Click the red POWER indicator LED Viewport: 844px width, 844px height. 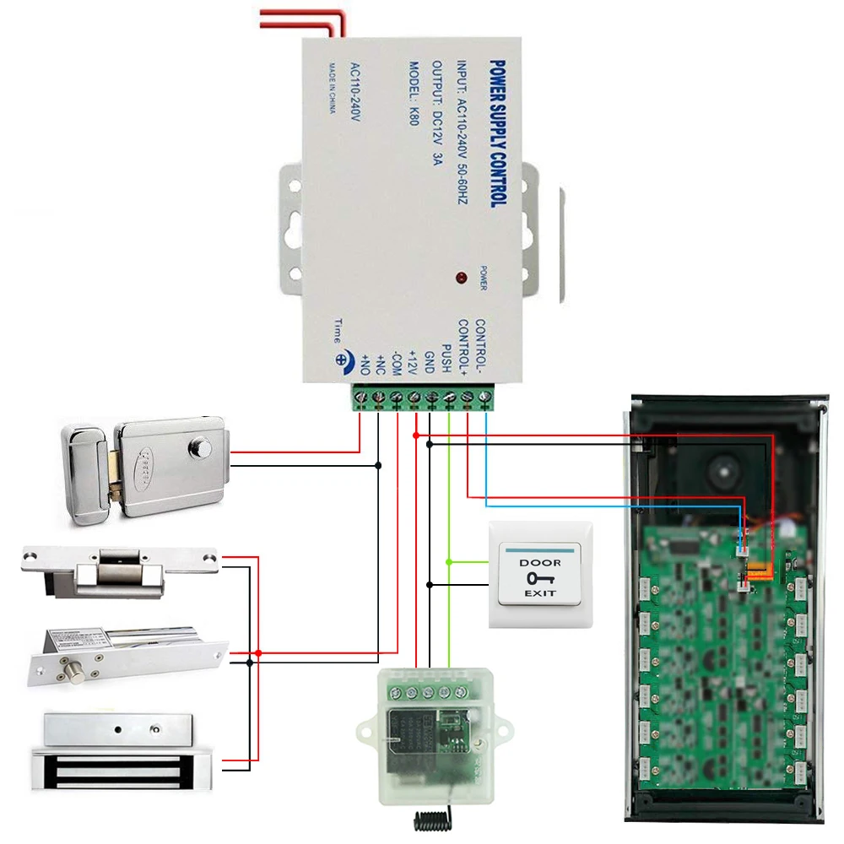tap(460, 278)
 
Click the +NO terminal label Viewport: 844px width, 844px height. tap(365, 365)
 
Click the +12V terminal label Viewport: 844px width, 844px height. tap(413, 360)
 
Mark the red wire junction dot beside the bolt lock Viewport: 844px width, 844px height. tap(258, 652)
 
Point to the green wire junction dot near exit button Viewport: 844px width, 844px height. tap(449, 561)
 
